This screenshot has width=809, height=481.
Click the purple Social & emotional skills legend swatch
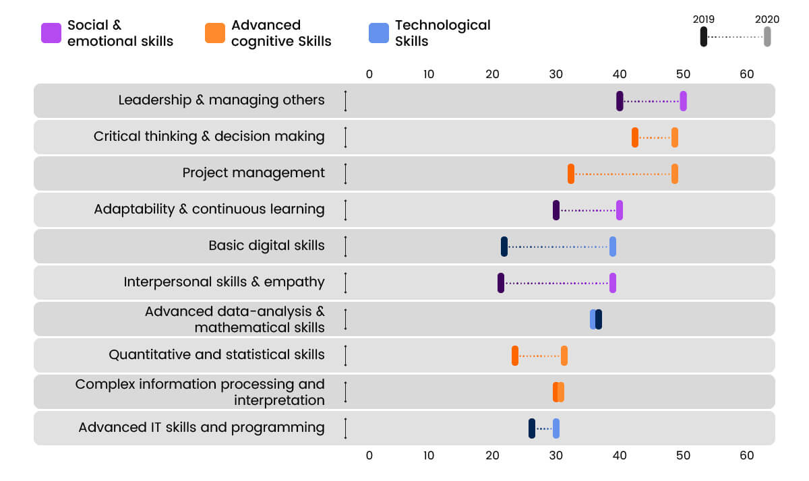pos(51,33)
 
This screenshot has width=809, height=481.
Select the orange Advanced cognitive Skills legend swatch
pos(215,33)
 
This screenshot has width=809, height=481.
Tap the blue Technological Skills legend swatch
pos(379,33)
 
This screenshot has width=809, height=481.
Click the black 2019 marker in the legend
pos(703,36)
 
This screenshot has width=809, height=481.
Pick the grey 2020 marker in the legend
pos(767,36)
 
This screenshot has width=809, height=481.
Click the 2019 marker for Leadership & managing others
pos(620,101)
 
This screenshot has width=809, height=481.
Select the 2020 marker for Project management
pos(675,174)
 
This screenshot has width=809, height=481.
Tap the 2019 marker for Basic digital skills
pos(504,247)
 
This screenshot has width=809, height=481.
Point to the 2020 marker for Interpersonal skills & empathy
pos(613,283)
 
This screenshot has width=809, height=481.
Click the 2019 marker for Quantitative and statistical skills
pos(515,356)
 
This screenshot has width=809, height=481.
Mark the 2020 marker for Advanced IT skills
pos(556,428)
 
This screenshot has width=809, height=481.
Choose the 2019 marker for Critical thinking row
pos(635,137)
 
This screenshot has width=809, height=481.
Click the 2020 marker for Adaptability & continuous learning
pos(620,210)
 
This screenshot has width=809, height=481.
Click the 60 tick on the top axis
pos(746,74)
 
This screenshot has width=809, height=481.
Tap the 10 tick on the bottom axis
pos(429,455)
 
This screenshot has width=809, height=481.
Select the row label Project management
pos(253,173)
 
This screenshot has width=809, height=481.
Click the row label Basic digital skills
pos(266,246)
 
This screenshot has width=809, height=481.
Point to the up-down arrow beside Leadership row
pos(345,101)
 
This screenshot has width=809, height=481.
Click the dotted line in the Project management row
pos(623,174)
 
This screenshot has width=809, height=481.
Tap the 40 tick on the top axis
pos(620,74)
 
